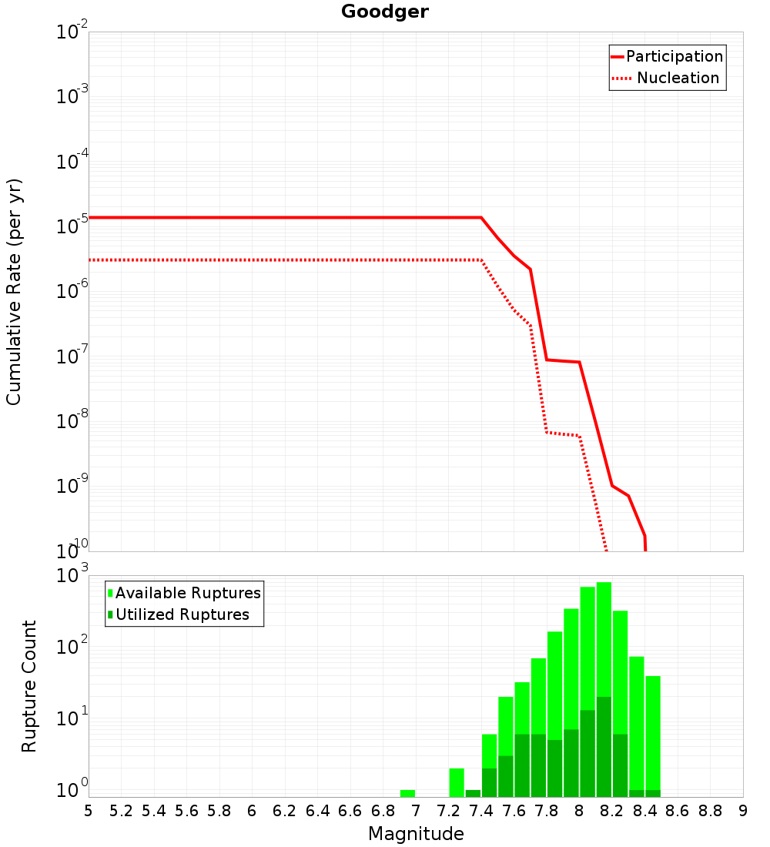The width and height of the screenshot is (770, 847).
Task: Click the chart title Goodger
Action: pyautogui.click(x=385, y=12)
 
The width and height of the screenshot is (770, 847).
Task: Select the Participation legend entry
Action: pyautogui.click(x=668, y=56)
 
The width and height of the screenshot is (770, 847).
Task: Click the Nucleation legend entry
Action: pyautogui.click(x=666, y=78)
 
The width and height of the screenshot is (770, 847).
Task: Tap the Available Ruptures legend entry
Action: pyautogui.click(x=184, y=593)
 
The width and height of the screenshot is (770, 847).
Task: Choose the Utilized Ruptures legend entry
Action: pyautogui.click(x=179, y=614)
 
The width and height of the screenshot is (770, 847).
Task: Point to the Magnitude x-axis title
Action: pyautogui.click(x=416, y=834)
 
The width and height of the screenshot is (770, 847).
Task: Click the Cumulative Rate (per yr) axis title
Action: pyautogui.click(x=14, y=292)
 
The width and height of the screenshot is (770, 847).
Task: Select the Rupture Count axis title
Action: pyautogui.click(x=28, y=687)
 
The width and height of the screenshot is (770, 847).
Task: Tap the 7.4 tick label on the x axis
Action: pyautogui.click(x=481, y=811)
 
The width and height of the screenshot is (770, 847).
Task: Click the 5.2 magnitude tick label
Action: pyautogui.click(x=121, y=811)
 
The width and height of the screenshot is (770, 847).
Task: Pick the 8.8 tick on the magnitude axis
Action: pyautogui.click(x=710, y=811)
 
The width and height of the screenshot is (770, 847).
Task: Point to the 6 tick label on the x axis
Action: pyautogui.click(x=252, y=811)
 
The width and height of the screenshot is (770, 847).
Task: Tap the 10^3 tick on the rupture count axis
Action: pyautogui.click(x=72, y=573)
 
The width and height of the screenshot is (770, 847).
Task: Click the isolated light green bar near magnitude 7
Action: pyautogui.click(x=407, y=794)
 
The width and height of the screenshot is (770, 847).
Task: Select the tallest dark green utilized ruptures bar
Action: pyautogui.click(x=604, y=747)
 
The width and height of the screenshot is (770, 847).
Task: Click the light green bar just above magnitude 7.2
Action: pyautogui.click(x=457, y=783)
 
